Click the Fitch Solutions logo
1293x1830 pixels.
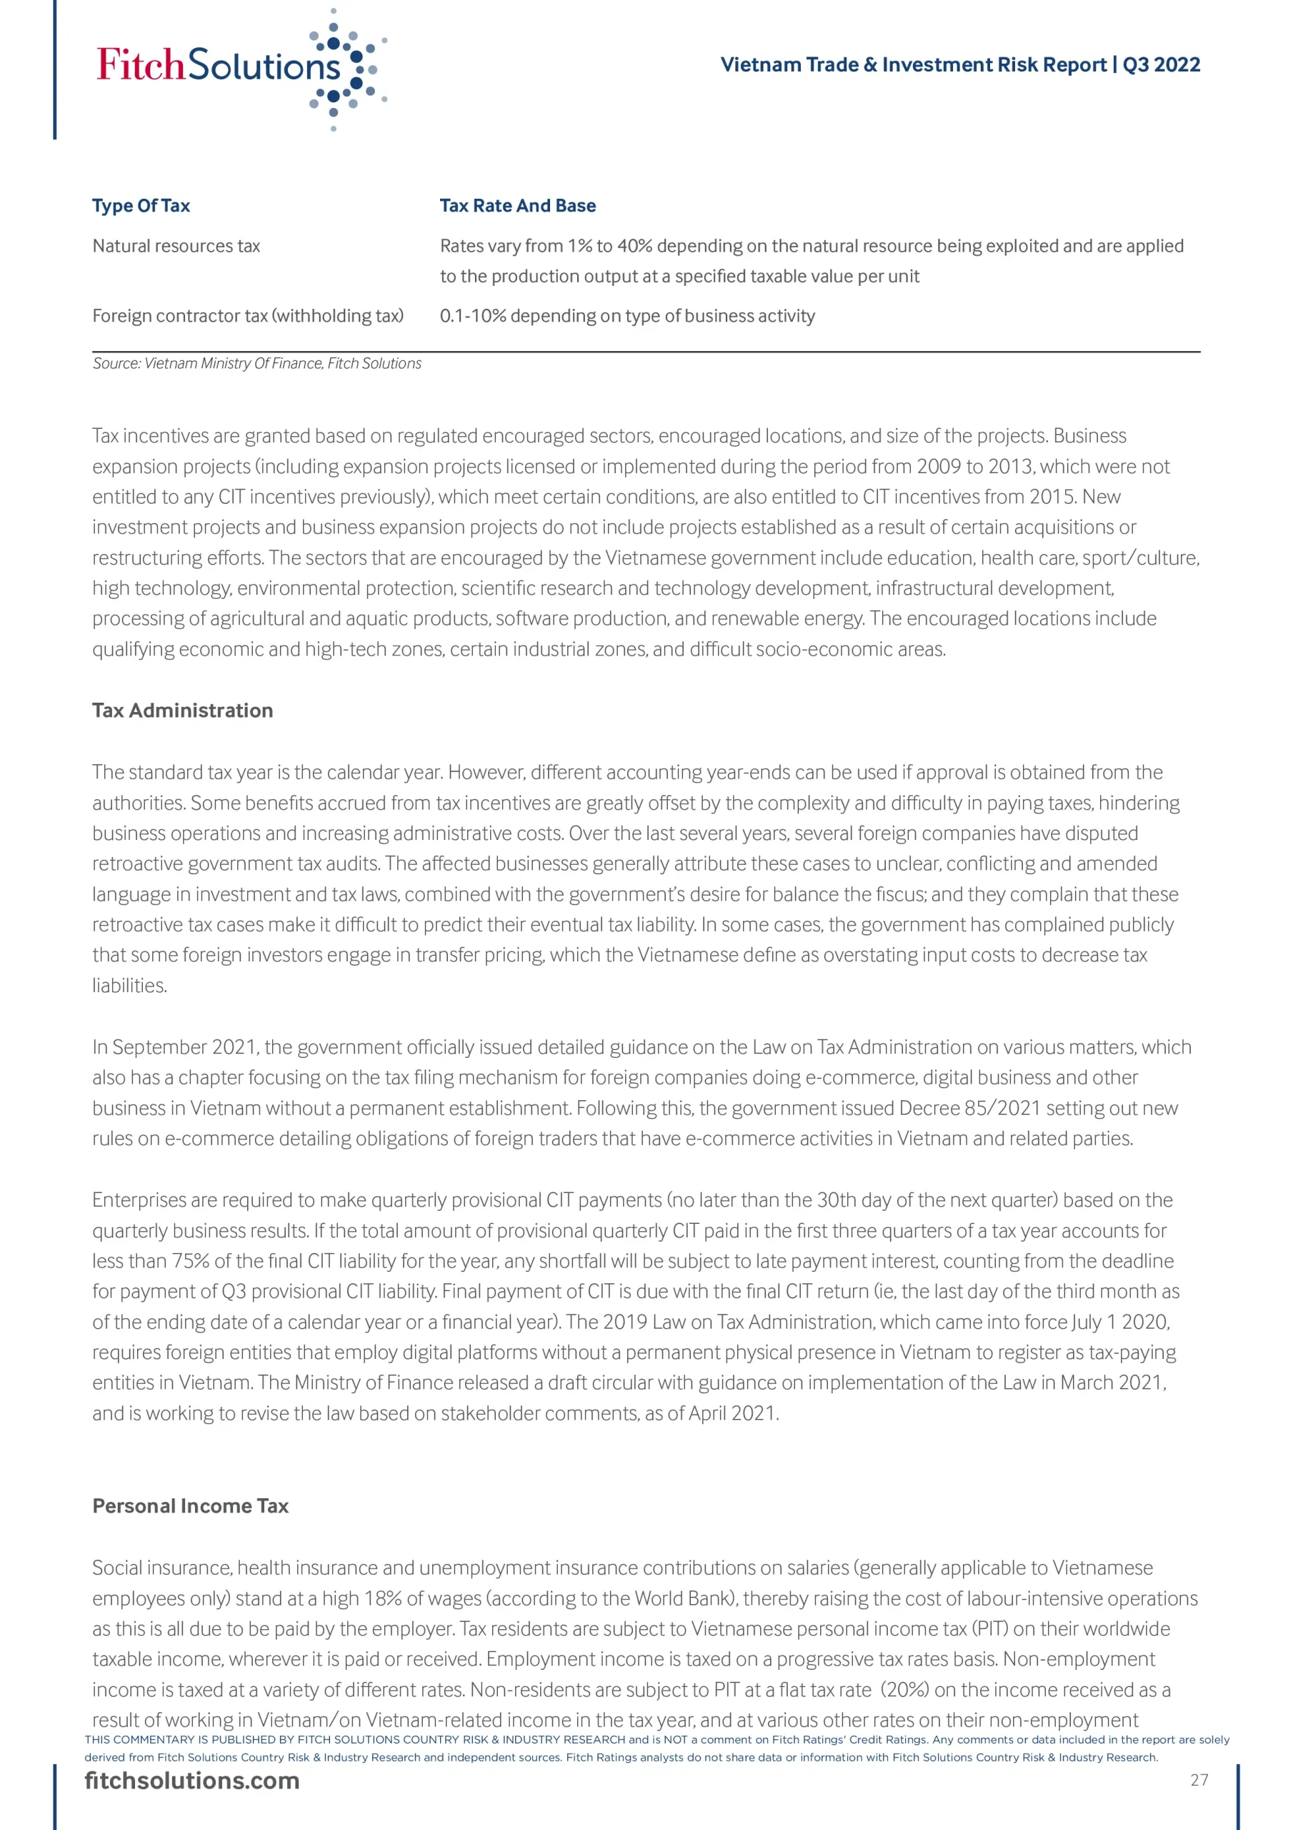click(239, 68)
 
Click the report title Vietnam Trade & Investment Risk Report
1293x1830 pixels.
click(913, 64)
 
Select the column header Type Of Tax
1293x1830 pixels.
click(141, 206)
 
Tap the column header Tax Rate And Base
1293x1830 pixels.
click(517, 206)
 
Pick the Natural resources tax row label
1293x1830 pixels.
click(176, 247)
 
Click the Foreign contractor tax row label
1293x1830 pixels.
click(248, 316)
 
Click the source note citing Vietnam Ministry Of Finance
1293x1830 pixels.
click(256, 363)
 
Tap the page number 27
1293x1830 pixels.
click(1199, 1780)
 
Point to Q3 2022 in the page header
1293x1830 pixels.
click(1161, 64)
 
